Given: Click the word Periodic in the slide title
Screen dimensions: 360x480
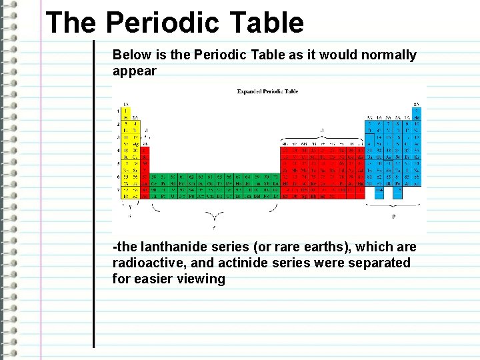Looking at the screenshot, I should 161,23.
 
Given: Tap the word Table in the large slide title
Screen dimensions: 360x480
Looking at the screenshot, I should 266,23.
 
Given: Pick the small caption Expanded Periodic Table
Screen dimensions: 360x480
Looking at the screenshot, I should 267,91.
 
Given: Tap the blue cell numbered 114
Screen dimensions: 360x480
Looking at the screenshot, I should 379,189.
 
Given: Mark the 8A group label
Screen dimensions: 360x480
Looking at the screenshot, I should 417,104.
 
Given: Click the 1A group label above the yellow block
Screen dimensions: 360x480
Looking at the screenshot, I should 126,104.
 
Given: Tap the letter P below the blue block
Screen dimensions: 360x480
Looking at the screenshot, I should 393,216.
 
